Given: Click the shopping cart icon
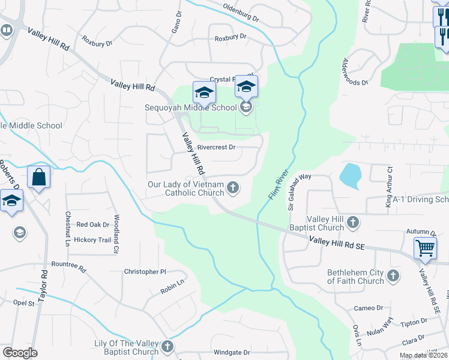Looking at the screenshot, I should click(x=425, y=247).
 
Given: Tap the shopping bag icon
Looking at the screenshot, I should click(x=38, y=178).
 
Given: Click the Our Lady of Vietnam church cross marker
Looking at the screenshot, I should click(x=233, y=189).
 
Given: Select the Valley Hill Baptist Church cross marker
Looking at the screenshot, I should click(x=353, y=223).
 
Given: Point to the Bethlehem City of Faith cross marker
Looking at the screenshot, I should click(x=393, y=276).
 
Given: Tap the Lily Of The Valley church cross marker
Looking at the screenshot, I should click(x=167, y=346).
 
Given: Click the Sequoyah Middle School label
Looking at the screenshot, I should click(x=191, y=108).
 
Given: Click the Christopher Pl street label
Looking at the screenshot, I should click(x=144, y=272).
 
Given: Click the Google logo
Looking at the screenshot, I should click(x=20, y=353).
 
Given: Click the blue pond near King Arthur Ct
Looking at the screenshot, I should click(x=349, y=176).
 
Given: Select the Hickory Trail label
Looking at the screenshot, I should click(x=92, y=240).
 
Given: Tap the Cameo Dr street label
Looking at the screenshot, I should click(x=368, y=308).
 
